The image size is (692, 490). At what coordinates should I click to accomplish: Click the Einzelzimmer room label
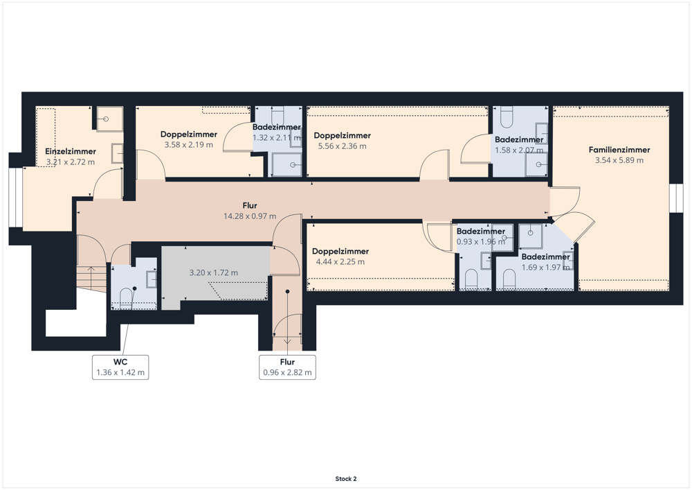(71, 151)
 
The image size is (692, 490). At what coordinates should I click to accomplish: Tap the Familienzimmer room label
(619, 150)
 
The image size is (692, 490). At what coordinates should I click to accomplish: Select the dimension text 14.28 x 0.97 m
(250, 216)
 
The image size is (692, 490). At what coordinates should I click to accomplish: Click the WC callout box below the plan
(120, 367)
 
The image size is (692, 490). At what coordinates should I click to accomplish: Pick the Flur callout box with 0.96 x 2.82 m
(287, 367)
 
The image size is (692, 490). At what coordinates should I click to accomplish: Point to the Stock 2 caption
(346, 478)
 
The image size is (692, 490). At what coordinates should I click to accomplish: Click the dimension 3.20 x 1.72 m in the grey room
(214, 272)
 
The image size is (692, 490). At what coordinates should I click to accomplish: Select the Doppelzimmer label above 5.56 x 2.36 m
(342, 136)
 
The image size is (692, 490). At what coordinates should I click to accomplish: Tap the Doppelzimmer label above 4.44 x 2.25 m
(340, 252)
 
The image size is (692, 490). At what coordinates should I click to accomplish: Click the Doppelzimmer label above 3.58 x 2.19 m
(189, 134)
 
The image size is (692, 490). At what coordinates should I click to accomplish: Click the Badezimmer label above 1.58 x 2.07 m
(519, 139)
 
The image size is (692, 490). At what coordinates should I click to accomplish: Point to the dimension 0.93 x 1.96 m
(481, 242)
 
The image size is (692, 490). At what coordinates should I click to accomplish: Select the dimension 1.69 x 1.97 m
(545, 268)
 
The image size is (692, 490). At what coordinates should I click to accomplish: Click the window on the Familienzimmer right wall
(676, 198)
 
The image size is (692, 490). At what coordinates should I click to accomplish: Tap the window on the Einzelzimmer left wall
(16, 198)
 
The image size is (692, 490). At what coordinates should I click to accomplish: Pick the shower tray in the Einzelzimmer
(110, 119)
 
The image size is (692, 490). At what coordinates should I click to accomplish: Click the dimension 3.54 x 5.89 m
(619, 160)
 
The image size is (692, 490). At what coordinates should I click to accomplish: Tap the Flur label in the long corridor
(250, 205)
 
